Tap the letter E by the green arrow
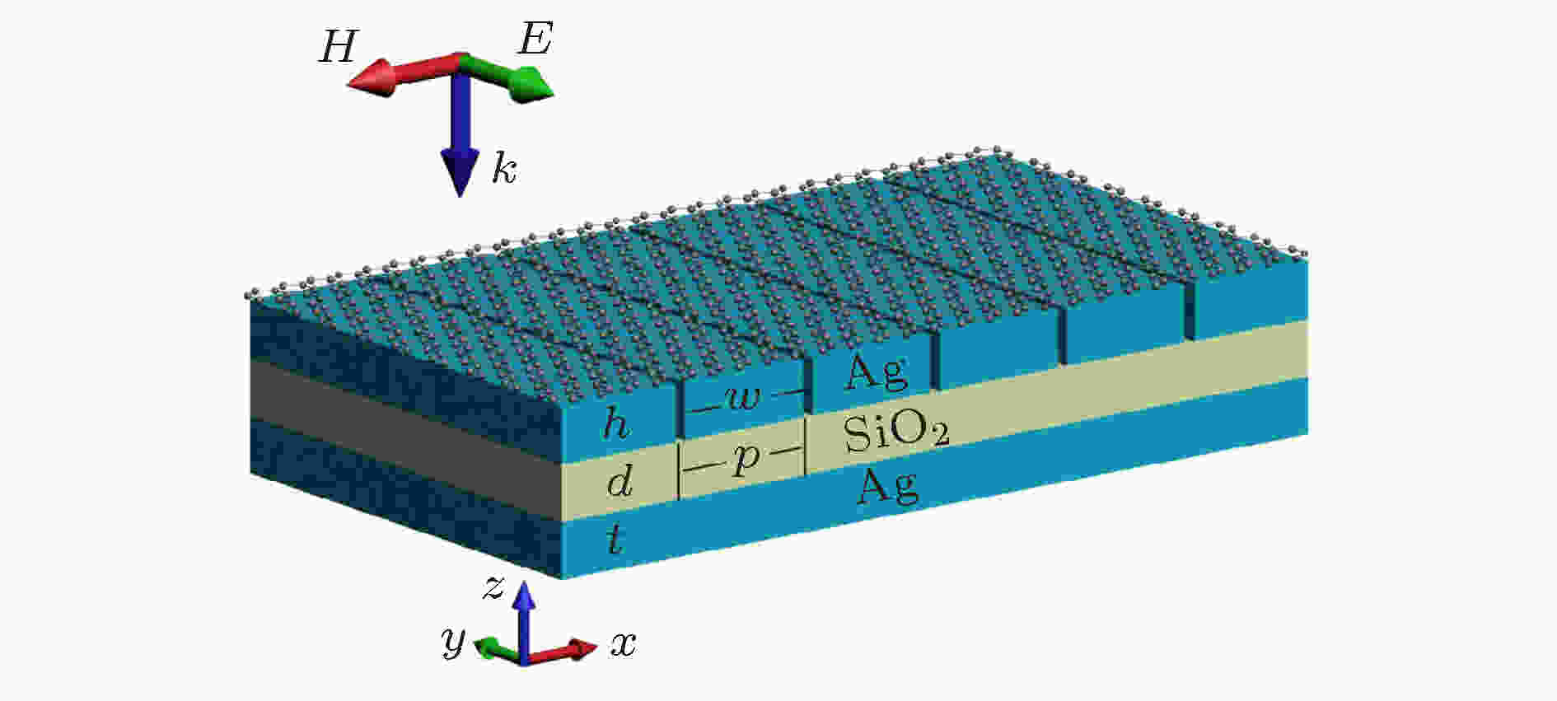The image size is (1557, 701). [x=535, y=39]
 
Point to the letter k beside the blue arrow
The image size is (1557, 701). [x=504, y=169]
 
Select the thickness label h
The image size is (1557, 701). [x=616, y=424]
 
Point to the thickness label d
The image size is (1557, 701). [x=620, y=481]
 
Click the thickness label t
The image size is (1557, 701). [x=613, y=540]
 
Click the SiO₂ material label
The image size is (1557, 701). [x=896, y=432]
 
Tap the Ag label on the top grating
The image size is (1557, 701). [x=876, y=375]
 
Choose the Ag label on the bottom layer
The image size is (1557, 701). [x=887, y=487]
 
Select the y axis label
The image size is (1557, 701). [x=453, y=640]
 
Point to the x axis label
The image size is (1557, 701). [x=624, y=644]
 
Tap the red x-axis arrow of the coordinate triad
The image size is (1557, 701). [x=560, y=652]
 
